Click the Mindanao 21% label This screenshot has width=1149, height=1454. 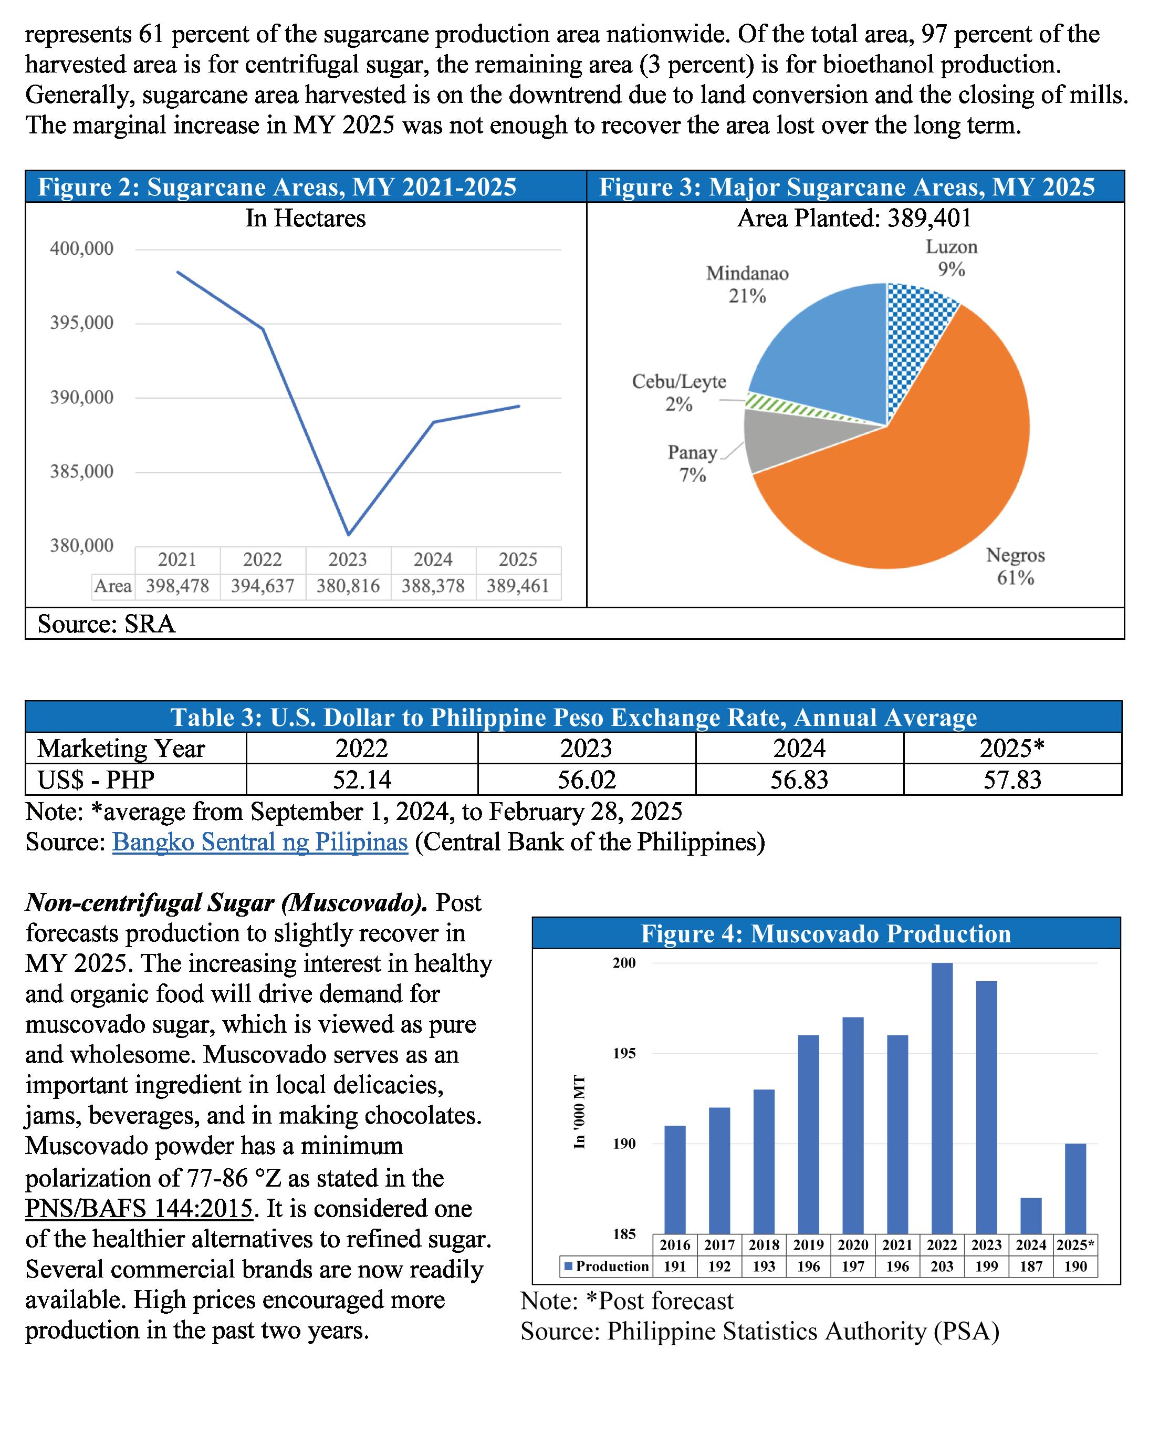(747, 285)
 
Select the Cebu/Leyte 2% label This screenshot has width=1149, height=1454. (679, 393)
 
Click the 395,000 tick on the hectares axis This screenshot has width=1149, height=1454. (82, 323)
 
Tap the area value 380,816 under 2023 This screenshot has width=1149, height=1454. (348, 586)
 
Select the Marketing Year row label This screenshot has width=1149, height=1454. (121, 748)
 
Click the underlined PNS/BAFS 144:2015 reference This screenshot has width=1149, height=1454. (139, 1209)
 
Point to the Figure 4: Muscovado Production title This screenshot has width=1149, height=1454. (826, 933)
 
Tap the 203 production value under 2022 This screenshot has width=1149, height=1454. (942, 1266)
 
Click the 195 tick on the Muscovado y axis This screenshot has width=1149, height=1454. (624, 1054)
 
